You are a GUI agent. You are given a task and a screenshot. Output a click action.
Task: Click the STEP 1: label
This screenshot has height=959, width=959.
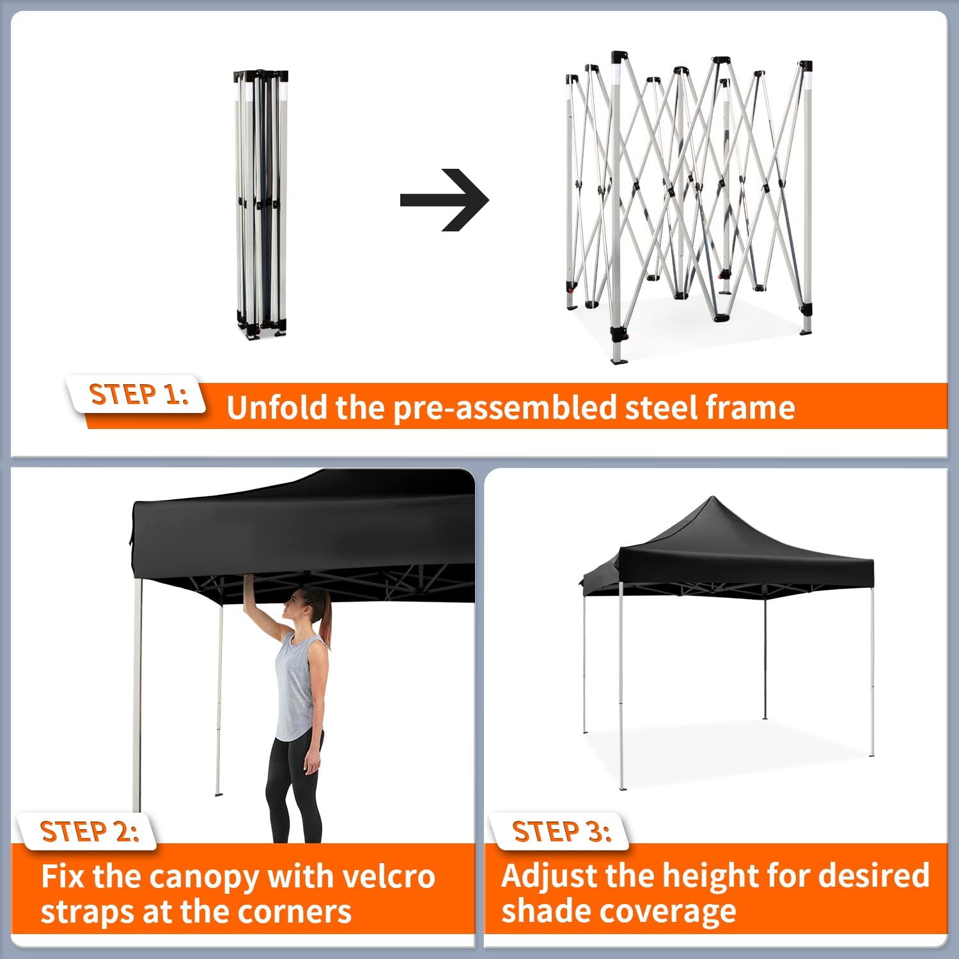pyautogui.click(x=139, y=394)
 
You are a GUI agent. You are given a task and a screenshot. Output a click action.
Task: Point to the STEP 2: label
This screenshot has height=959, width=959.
pyautogui.click(x=89, y=831)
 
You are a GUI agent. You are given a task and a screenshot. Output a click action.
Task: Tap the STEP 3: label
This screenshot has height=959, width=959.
pyautogui.click(x=561, y=831)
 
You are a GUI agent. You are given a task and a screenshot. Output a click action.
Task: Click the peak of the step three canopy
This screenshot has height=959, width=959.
pyautogui.click(x=710, y=500)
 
